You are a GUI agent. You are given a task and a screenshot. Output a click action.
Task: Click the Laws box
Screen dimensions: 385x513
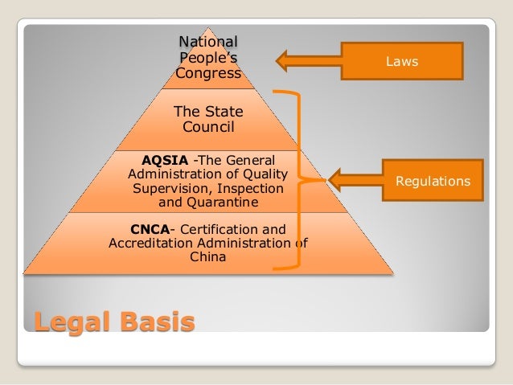403,61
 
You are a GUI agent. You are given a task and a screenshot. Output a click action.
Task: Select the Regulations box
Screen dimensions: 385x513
432,182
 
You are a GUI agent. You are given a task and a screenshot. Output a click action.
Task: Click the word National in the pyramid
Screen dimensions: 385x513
208,42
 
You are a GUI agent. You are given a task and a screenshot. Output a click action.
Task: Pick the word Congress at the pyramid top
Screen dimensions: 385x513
208,74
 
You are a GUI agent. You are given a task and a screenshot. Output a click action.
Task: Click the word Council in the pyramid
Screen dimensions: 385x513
208,127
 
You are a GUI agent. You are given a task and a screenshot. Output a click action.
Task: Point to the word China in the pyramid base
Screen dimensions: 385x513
208,258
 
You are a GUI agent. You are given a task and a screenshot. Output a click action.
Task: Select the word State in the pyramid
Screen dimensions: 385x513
223,112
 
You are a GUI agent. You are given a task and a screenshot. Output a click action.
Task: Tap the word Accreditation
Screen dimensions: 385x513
149,244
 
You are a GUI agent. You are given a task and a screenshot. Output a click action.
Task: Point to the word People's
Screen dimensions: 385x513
208,58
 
